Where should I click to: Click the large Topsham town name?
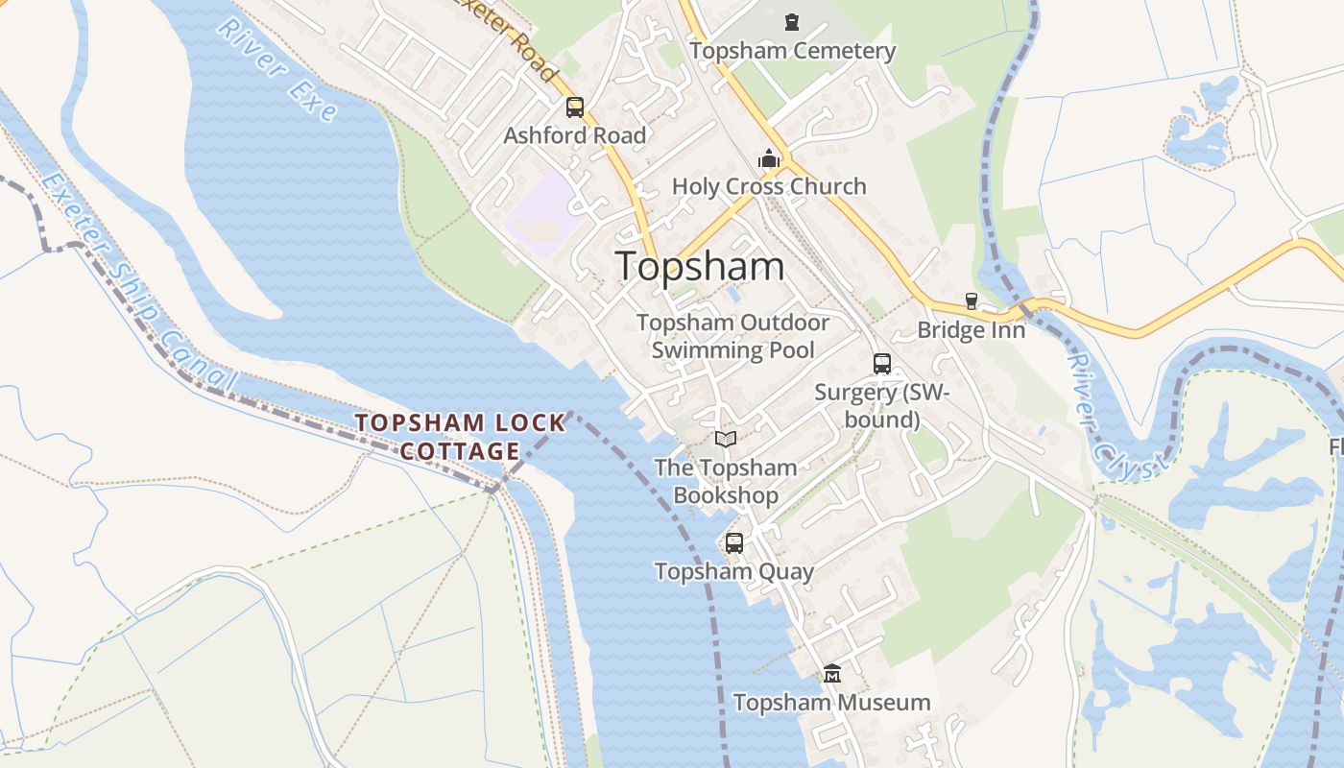(x=700, y=266)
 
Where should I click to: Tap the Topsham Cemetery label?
(x=792, y=51)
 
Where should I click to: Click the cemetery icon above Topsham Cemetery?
(x=792, y=21)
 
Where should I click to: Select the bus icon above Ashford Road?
(x=575, y=108)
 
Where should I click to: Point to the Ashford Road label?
(x=575, y=135)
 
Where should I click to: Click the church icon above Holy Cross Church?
(x=768, y=158)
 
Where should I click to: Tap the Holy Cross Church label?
(x=769, y=186)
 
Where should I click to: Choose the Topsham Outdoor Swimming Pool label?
(x=733, y=336)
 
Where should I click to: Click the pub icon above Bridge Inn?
(x=972, y=301)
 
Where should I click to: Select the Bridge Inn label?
(x=972, y=330)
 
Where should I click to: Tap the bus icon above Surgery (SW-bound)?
(x=882, y=364)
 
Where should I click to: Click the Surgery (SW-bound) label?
(x=881, y=405)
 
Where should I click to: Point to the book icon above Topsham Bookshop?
(x=726, y=439)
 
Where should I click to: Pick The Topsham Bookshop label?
(x=726, y=481)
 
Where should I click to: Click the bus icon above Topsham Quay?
(x=734, y=543)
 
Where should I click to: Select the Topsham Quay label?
(x=734, y=572)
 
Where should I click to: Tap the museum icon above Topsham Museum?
(x=832, y=674)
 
